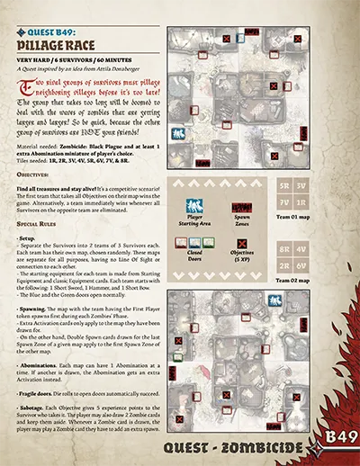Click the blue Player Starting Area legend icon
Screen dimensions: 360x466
[194, 206]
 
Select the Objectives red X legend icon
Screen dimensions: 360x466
[242, 243]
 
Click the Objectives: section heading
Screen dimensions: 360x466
[35, 167]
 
